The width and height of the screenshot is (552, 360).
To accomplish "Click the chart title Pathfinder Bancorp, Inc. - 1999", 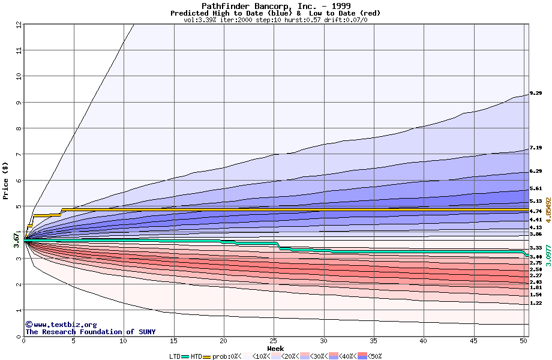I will pyautogui.click(x=275, y=6).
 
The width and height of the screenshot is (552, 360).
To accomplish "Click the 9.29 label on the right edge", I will pyautogui.click(x=536, y=94).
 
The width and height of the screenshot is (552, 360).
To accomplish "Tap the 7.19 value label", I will pyautogui.click(x=536, y=148).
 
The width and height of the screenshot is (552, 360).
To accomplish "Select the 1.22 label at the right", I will pyautogui.click(x=536, y=304).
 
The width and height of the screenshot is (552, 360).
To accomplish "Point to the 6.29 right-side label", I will pyautogui.click(x=536, y=171).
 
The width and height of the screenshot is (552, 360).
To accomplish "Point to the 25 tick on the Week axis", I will pyautogui.click(x=274, y=341).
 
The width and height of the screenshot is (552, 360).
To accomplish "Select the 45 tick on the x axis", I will pyautogui.click(x=473, y=341).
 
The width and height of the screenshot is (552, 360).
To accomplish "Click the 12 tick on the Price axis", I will pyautogui.click(x=19, y=25).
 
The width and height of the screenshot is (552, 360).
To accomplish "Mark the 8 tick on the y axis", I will pyautogui.click(x=19, y=128).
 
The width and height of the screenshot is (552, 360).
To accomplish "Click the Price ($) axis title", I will pyautogui.click(x=5, y=181).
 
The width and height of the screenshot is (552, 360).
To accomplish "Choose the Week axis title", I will pyautogui.click(x=275, y=348).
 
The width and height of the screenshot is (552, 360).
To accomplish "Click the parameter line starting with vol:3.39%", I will pyautogui.click(x=275, y=20).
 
